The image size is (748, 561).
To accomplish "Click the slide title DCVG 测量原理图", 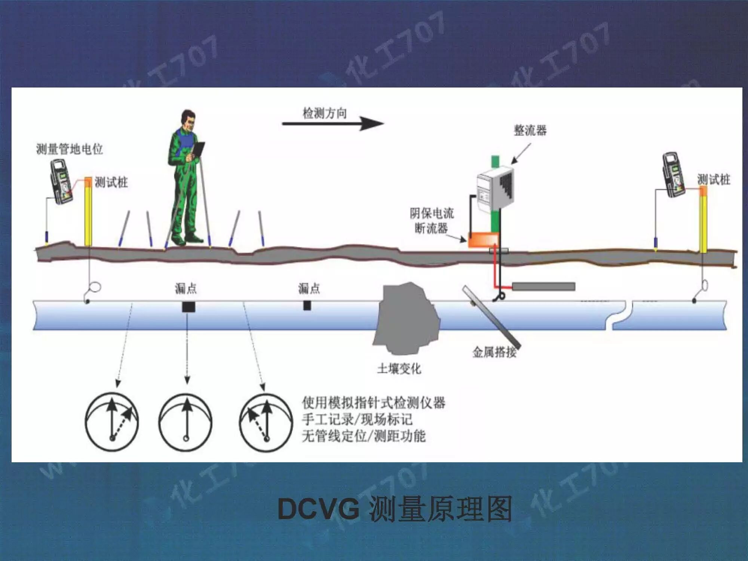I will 395,509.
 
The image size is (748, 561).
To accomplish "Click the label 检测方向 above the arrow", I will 324,113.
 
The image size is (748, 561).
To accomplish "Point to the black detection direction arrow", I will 333,124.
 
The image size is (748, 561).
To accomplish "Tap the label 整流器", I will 530,131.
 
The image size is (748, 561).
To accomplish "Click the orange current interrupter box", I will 483,239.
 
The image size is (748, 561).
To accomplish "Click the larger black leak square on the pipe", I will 188,307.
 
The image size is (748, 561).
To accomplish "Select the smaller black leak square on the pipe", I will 307,306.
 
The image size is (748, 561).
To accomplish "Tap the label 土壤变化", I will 399,369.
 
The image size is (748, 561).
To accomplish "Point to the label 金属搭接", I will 494,352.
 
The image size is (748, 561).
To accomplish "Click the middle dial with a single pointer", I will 186,422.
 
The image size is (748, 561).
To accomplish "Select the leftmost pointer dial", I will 112,422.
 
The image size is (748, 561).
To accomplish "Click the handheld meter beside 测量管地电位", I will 62,181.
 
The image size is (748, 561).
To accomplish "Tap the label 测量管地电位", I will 69,149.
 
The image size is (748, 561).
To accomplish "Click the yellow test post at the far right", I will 703,221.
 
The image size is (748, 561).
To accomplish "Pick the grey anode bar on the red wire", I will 543,287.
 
